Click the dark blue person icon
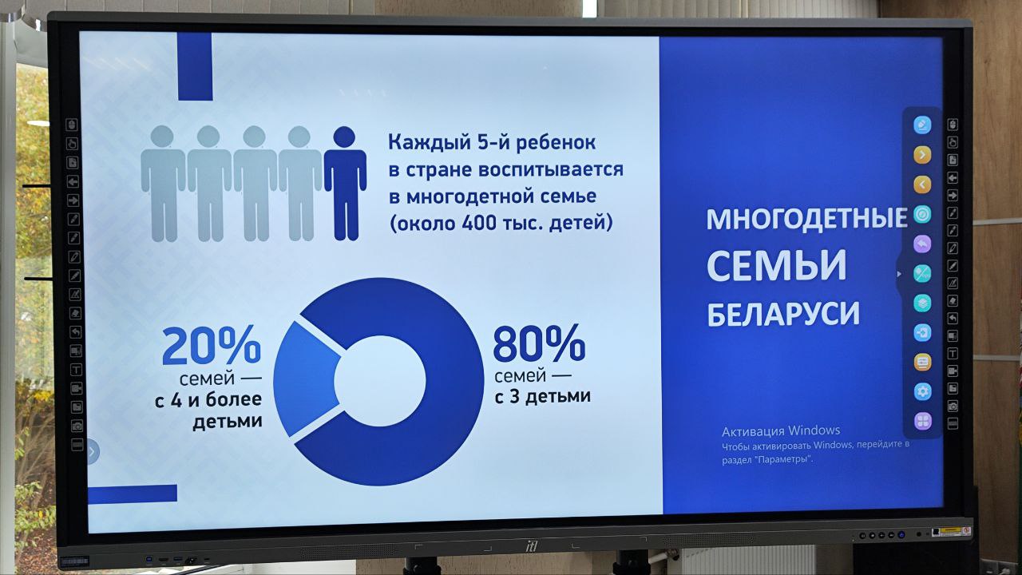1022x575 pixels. [345, 184]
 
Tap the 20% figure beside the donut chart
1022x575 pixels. [212, 346]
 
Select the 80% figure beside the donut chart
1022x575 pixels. [539, 343]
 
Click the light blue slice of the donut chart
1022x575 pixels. [306, 379]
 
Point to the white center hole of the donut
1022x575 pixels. [379, 381]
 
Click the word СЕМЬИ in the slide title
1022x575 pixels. [777, 265]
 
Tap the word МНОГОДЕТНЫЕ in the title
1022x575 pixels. [806, 218]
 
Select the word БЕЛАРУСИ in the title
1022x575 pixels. [783, 314]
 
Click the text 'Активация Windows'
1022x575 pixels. [781, 430]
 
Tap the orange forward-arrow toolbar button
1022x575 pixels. [922, 155]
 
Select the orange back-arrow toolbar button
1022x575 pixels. [922, 184]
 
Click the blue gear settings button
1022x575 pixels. [922, 391]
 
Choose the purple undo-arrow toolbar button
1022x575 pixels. [922, 244]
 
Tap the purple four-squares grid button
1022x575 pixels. [922, 421]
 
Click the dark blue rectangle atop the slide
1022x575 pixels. [195, 66]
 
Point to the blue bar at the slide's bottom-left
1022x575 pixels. [133, 494]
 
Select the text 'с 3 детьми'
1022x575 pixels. [542, 396]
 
